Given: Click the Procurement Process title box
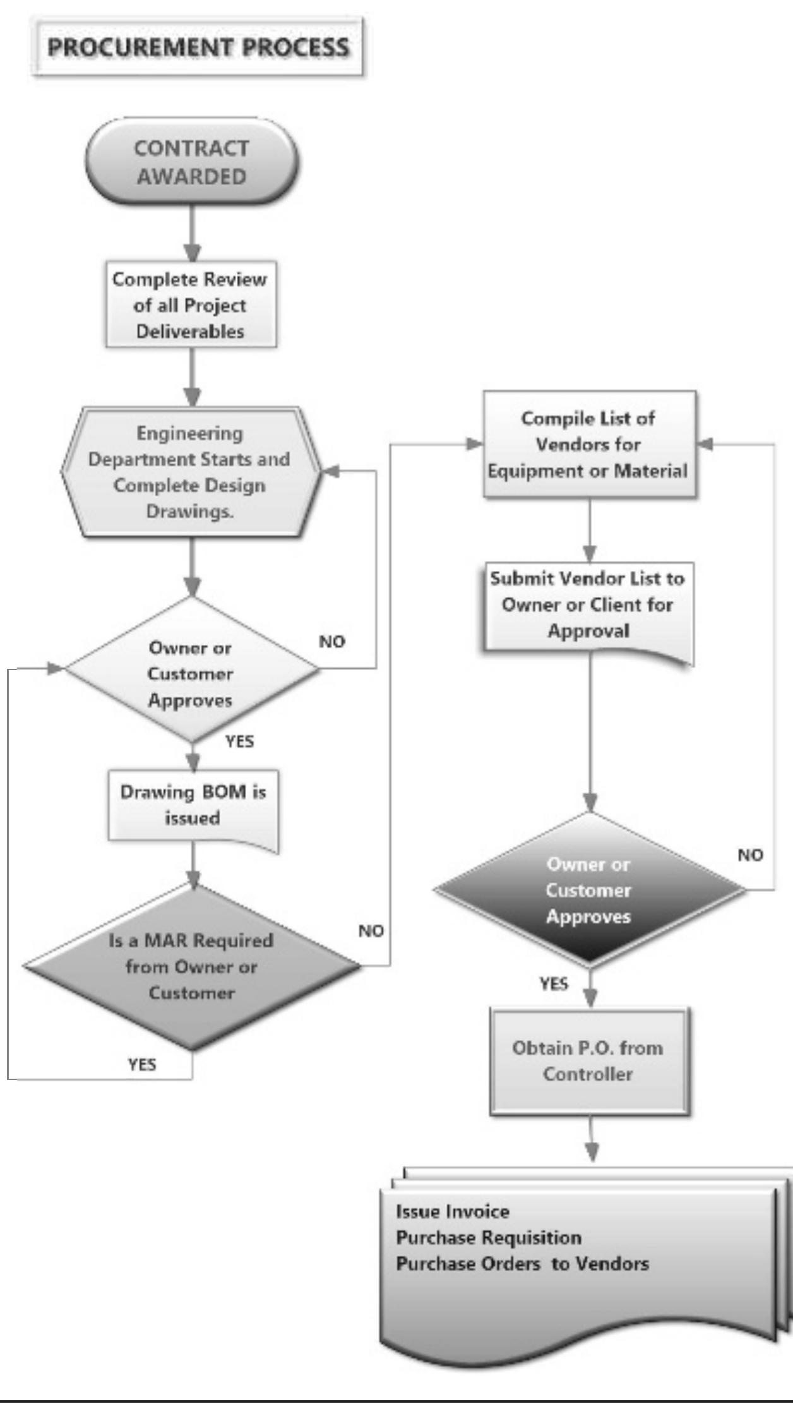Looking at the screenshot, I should (x=198, y=47).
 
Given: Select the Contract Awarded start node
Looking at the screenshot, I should (x=191, y=162).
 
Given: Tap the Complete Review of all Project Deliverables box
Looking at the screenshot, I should (x=191, y=304).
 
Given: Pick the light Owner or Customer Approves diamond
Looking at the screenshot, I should (x=191, y=673).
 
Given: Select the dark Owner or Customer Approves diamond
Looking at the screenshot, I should (x=589, y=889).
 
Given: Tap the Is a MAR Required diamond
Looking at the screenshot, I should (x=191, y=966).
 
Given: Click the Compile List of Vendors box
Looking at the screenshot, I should (x=589, y=444).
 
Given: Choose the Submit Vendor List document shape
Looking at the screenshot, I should (x=588, y=605).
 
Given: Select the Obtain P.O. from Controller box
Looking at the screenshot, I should (x=589, y=1061).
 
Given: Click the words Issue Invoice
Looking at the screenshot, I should (x=452, y=1211).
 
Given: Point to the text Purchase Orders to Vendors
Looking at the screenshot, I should (x=522, y=1264).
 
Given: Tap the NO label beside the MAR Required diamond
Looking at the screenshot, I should (x=371, y=931).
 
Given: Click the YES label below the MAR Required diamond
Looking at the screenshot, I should (x=142, y=1064).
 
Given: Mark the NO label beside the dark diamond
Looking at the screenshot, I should (x=750, y=855).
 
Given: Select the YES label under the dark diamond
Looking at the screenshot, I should (x=554, y=983).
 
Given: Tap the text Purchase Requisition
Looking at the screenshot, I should (x=488, y=1237).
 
